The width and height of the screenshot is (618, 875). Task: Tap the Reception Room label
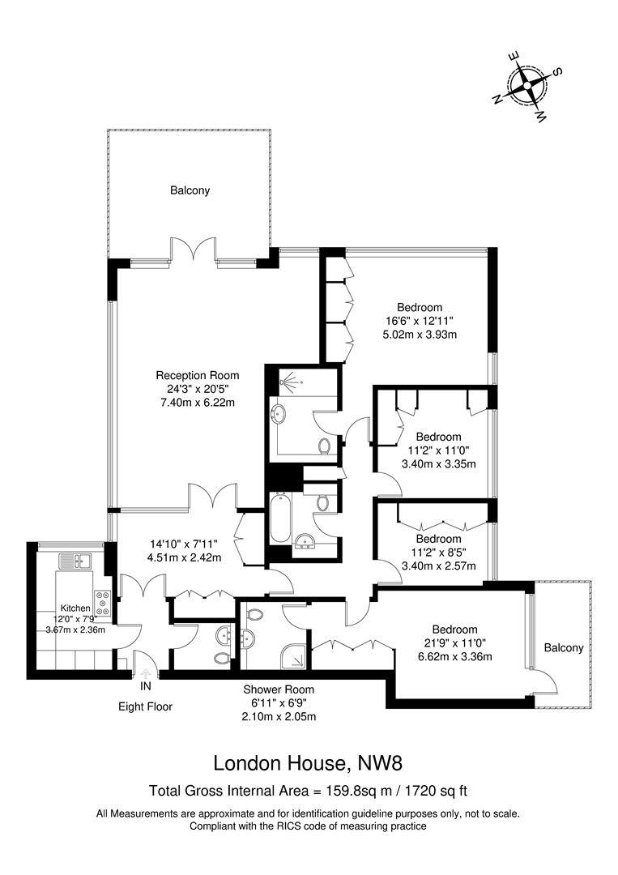pyautogui.click(x=198, y=375)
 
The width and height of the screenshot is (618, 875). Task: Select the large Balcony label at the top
pyautogui.click(x=190, y=190)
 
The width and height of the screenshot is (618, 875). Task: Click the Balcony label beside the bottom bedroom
pyautogui.click(x=563, y=648)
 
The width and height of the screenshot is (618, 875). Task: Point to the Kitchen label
pyautogui.click(x=75, y=608)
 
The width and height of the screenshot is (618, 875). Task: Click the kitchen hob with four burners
pyautogui.click(x=104, y=603)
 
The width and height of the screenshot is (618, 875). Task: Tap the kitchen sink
pyautogui.click(x=79, y=559)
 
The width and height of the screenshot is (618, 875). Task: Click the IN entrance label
pyautogui.click(x=146, y=685)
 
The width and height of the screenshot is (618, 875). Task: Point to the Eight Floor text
pyautogui.click(x=146, y=706)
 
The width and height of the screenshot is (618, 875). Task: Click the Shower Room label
pyautogui.click(x=279, y=689)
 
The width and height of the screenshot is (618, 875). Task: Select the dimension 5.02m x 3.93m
pyautogui.click(x=419, y=335)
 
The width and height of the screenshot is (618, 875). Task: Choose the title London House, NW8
pyautogui.click(x=307, y=762)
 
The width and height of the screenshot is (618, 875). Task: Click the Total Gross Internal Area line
pyautogui.click(x=307, y=791)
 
